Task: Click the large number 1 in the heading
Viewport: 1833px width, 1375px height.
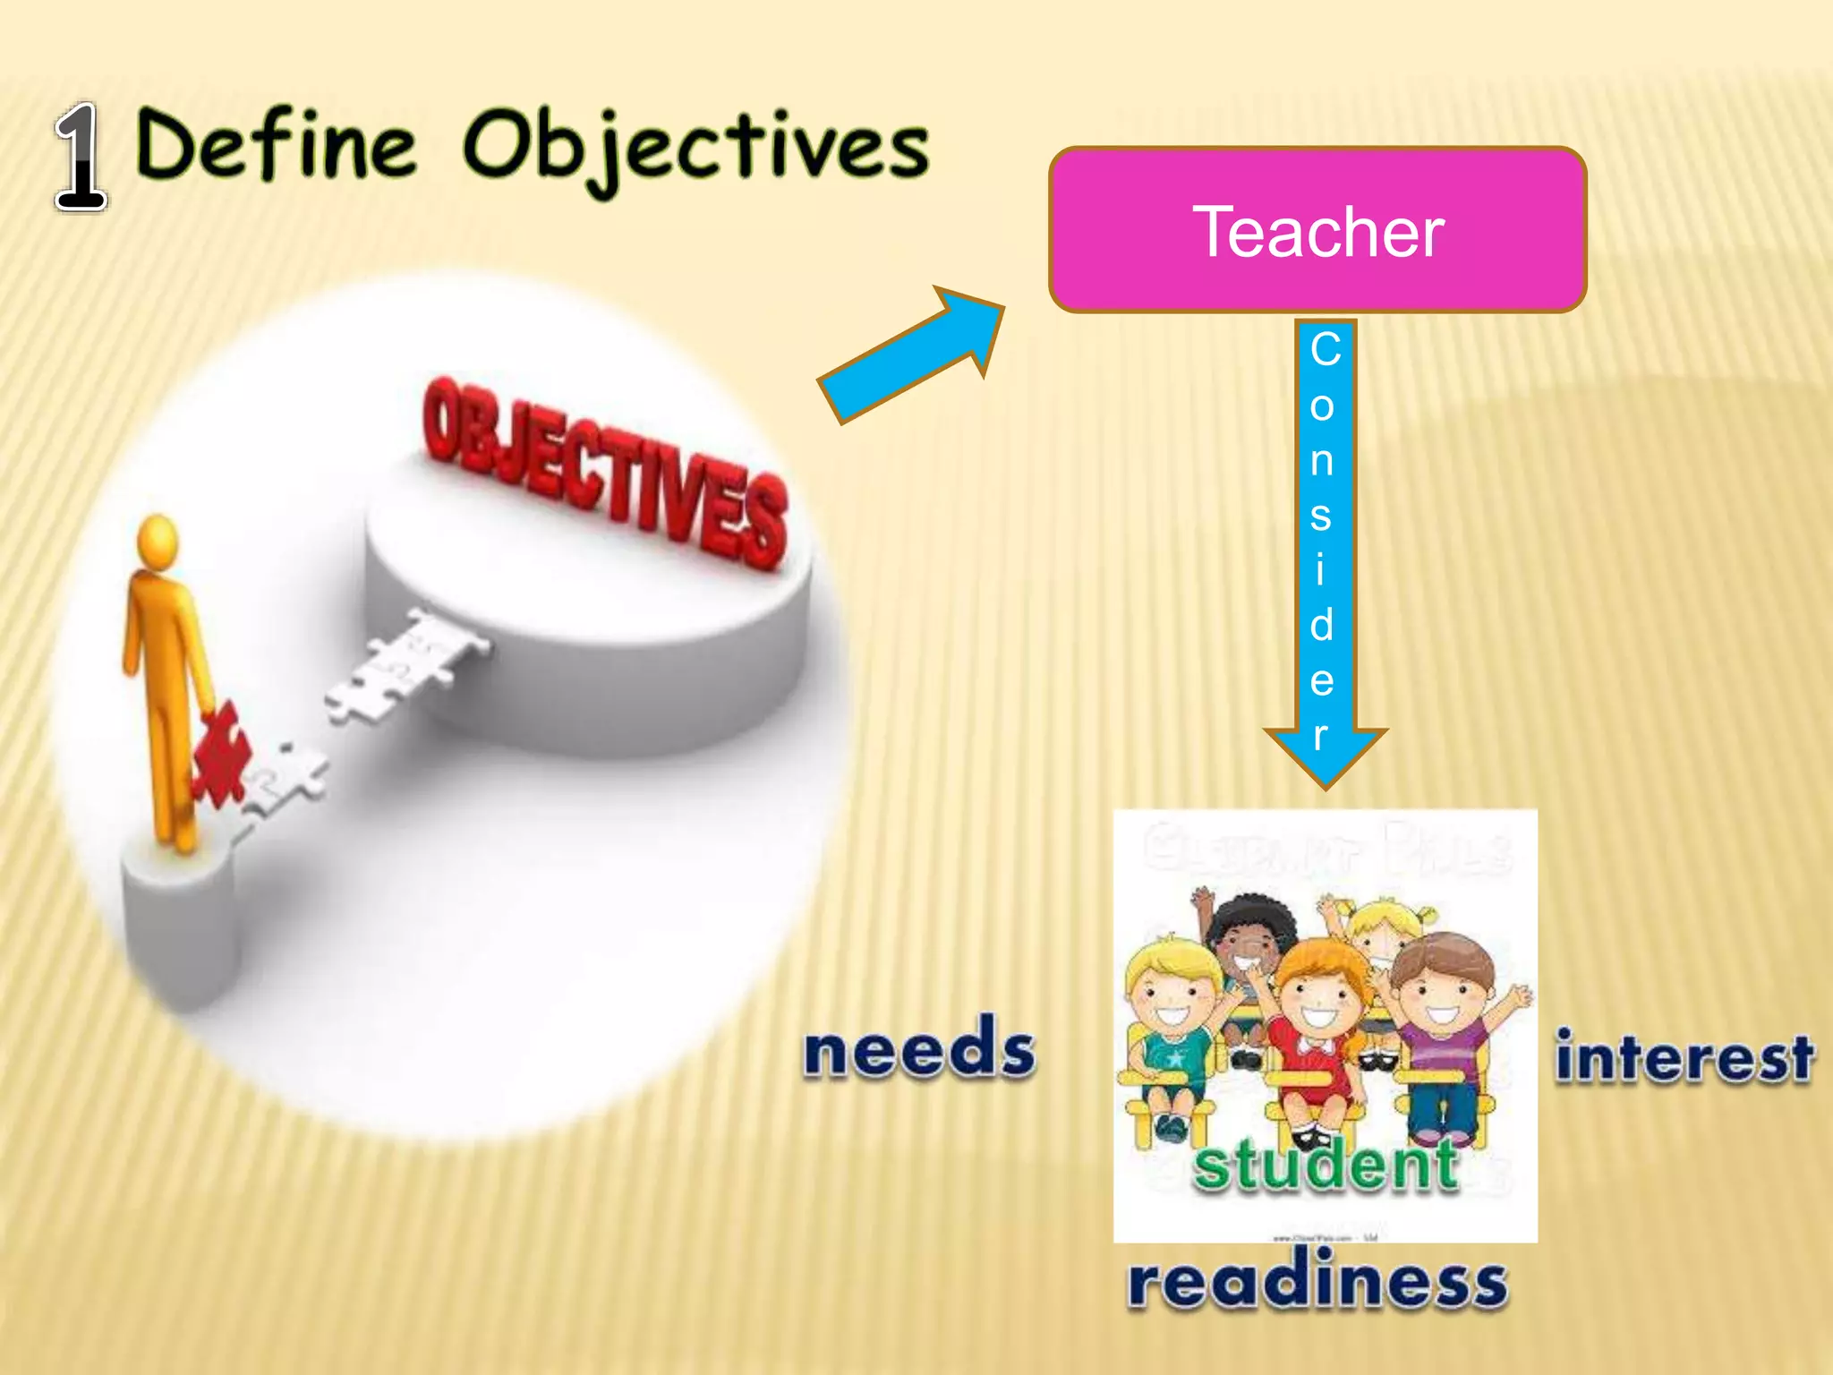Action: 81,157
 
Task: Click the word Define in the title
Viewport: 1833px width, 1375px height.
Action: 277,145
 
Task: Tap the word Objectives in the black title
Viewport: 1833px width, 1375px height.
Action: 695,148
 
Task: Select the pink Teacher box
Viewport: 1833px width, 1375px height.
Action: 1317,230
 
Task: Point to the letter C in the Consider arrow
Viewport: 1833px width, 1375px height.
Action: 1326,349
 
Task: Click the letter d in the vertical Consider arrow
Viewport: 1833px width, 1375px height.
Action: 1322,624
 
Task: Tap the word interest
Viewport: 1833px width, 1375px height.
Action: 1684,1058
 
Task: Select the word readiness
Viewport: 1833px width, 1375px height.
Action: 1317,1282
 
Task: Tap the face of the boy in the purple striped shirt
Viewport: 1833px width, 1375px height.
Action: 1444,994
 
